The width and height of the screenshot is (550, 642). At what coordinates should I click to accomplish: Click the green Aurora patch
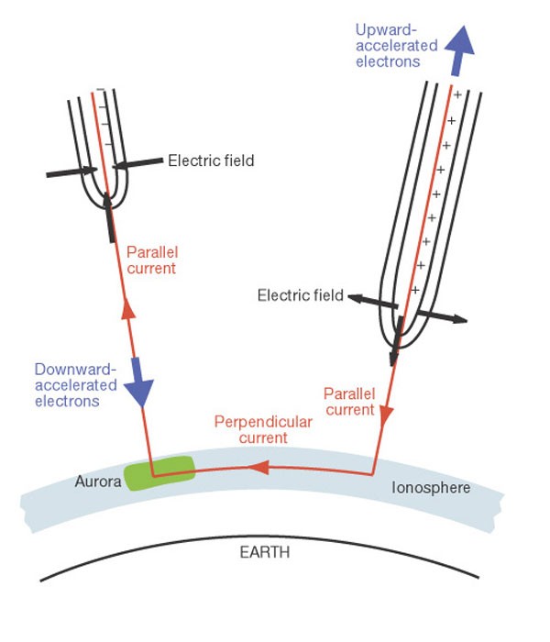click(159, 473)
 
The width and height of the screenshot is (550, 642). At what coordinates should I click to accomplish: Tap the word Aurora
click(98, 481)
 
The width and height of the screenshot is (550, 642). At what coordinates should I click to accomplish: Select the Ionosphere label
click(431, 488)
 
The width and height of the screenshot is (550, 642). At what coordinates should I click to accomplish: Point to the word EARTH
click(265, 552)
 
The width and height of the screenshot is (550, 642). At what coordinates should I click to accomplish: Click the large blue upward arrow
click(460, 50)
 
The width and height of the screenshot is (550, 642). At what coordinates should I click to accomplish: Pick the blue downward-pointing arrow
click(138, 382)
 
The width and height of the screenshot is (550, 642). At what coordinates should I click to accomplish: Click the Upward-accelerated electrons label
click(396, 46)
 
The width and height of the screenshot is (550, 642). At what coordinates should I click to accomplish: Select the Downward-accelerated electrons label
click(76, 385)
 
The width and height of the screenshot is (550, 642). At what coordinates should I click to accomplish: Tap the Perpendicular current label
click(263, 429)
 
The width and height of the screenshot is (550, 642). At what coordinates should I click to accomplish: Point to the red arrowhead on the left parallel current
click(128, 308)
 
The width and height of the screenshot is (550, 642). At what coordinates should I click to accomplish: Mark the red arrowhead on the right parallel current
click(386, 416)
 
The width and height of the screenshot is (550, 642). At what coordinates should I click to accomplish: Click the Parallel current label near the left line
click(152, 260)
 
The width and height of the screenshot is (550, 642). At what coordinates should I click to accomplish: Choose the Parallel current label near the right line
click(349, 402)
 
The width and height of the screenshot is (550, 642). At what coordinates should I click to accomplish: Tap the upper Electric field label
click(211, 160)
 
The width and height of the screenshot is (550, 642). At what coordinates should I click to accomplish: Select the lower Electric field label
click(301, 295)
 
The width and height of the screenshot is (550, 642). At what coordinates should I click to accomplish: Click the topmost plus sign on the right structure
click(457, 95)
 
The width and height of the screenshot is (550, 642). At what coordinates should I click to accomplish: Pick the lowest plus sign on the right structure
click(415, 290)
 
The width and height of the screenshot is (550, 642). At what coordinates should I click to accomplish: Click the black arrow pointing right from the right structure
click(442, 316)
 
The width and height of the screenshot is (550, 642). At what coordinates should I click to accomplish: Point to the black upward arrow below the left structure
click(109, 217)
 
